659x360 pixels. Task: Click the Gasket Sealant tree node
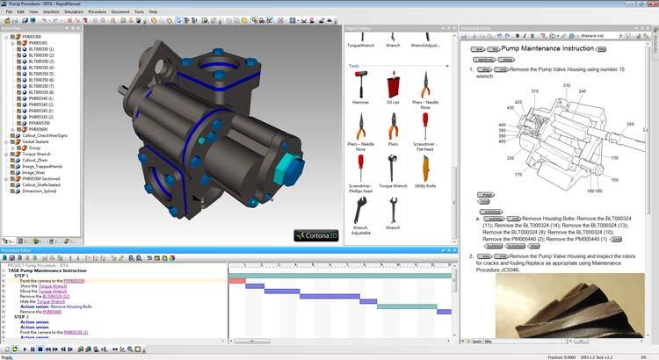coord(36,141)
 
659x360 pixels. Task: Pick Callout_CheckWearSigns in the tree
coord(44,135)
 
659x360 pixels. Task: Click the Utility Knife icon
coord(425,169)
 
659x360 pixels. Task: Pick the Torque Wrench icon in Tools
coord(393,169)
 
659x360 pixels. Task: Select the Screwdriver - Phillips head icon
coord(360,169)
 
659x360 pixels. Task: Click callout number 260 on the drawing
coord(629,125)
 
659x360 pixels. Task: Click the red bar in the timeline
coord(236,280)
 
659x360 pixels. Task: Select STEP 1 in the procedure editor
coord(22,275)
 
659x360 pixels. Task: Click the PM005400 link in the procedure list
coord(53,312)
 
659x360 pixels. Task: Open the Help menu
coord(153,11)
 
